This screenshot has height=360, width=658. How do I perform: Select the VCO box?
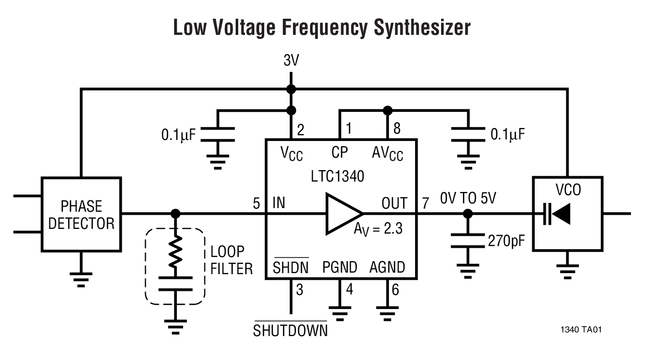tap(567, 213)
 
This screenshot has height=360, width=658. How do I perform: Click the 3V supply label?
tap(291, 61)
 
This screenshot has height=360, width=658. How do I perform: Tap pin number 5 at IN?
tap(256, 203)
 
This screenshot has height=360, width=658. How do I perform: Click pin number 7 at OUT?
tap(425, 203)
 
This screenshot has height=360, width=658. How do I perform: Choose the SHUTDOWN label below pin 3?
tap(290, 331)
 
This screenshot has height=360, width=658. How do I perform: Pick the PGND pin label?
tap(340, 267)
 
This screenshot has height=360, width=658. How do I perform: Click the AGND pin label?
tap(387, 267)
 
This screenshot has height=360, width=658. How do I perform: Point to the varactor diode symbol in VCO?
tap(557, 214)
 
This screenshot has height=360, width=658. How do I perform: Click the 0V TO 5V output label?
tap(468, 198)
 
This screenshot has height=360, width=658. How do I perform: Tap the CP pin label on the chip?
tap(340, 152)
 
